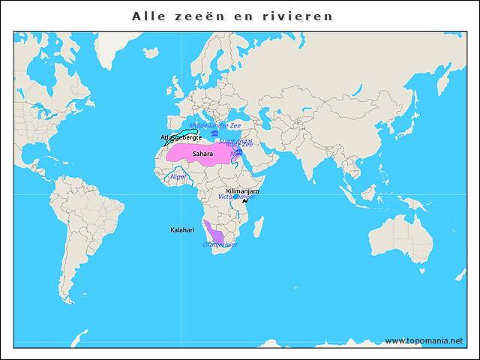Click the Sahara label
(x=202, y=154)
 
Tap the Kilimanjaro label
(x=242, y=192)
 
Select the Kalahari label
(x=182, y=229)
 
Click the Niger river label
(x=178, y=177)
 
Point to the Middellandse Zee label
(x=215, y=126)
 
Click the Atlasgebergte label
(x=181, y=138)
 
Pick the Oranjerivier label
(x=220, y=244)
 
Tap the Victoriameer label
(x=236, y=196)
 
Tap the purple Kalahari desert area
(x=214, y=231)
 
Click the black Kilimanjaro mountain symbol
(x=244, y=201)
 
